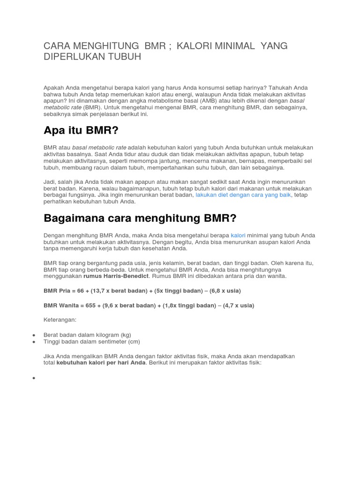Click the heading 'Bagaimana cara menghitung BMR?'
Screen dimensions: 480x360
click(x=140, y=218)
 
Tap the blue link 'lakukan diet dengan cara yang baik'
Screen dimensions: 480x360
click(x=243, y=194)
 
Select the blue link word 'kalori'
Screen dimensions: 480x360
click(x=238, y=235)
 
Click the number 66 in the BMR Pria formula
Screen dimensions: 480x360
click(x=81, y=291)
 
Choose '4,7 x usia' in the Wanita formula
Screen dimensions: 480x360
click(x=238, y=306)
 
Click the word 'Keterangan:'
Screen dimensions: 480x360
click(x=60, y=320)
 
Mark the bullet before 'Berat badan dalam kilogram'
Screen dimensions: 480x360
click(x=35, y=335)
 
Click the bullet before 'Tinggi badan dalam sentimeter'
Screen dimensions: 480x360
click(x=35, y=342)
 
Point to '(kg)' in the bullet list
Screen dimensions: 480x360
click(x=126, y=335)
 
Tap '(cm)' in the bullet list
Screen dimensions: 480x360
click(x=133, y=342)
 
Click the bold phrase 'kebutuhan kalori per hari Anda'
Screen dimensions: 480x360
click(x=101, y=363)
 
